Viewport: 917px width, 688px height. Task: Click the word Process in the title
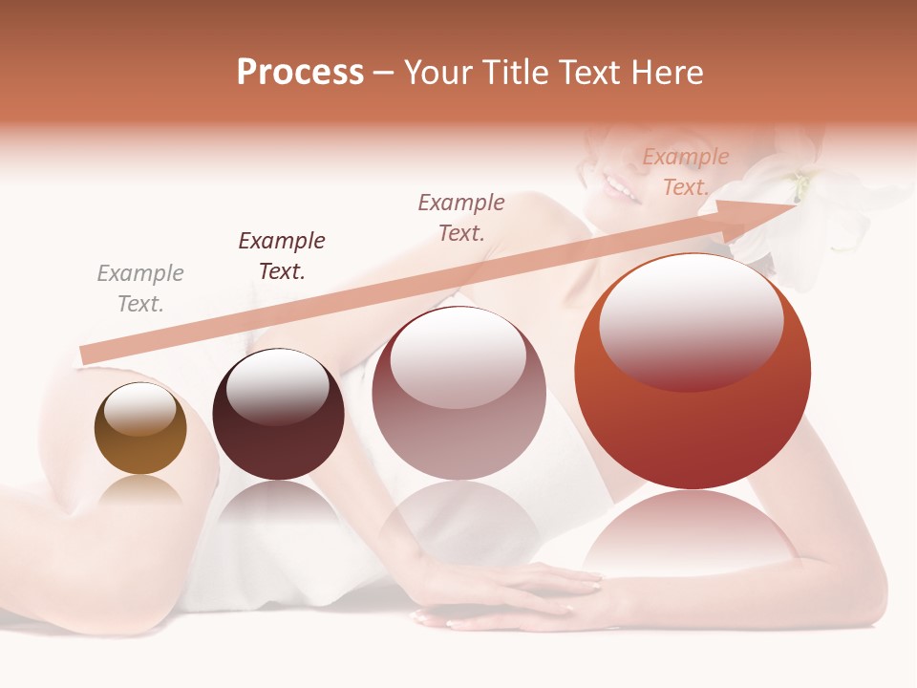point(300,72)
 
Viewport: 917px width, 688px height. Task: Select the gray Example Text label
point(140,289)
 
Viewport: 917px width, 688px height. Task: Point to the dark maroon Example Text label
point(282,256)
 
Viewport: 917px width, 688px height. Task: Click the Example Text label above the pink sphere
point(461,217)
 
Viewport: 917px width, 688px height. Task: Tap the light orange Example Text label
point(685,172)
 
